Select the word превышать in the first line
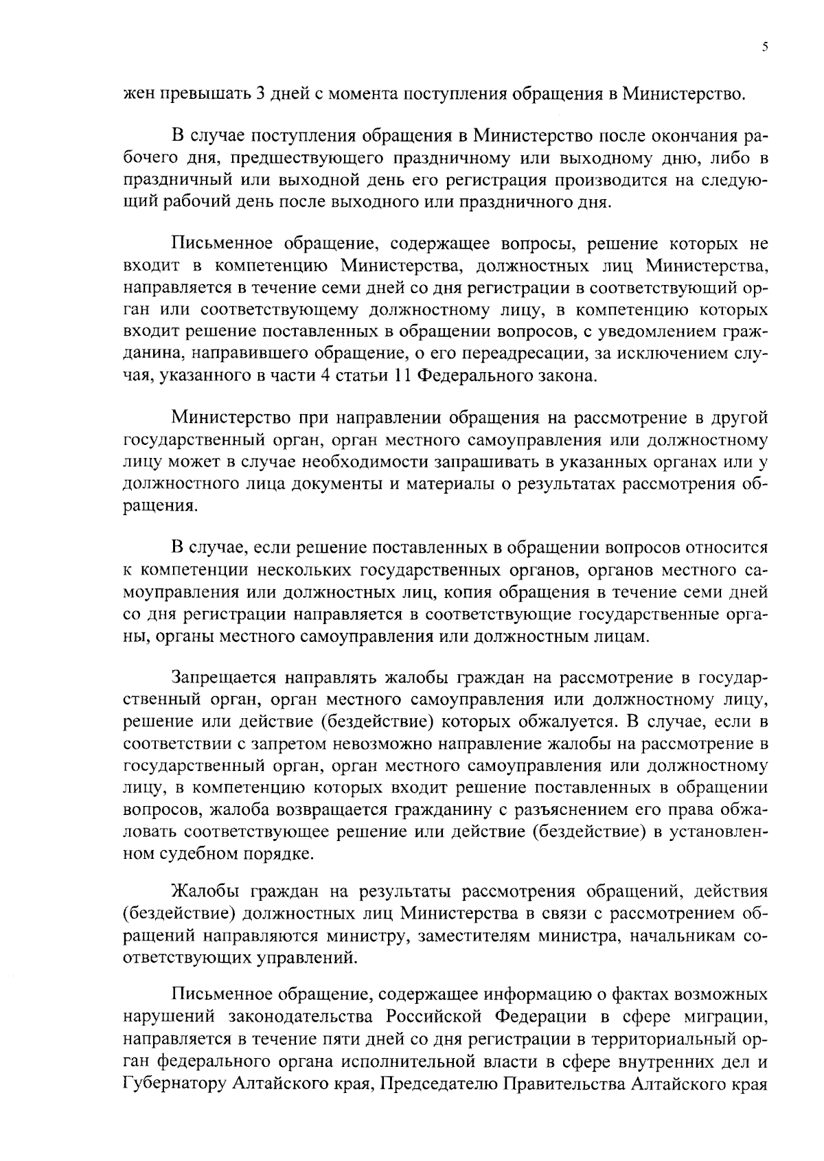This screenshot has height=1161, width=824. click(x=204, y=94)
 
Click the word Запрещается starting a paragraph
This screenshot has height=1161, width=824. click(x=222, y=679)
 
